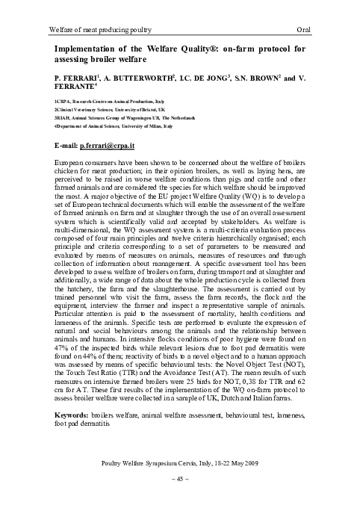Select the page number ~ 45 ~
[x=179, y=478]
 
